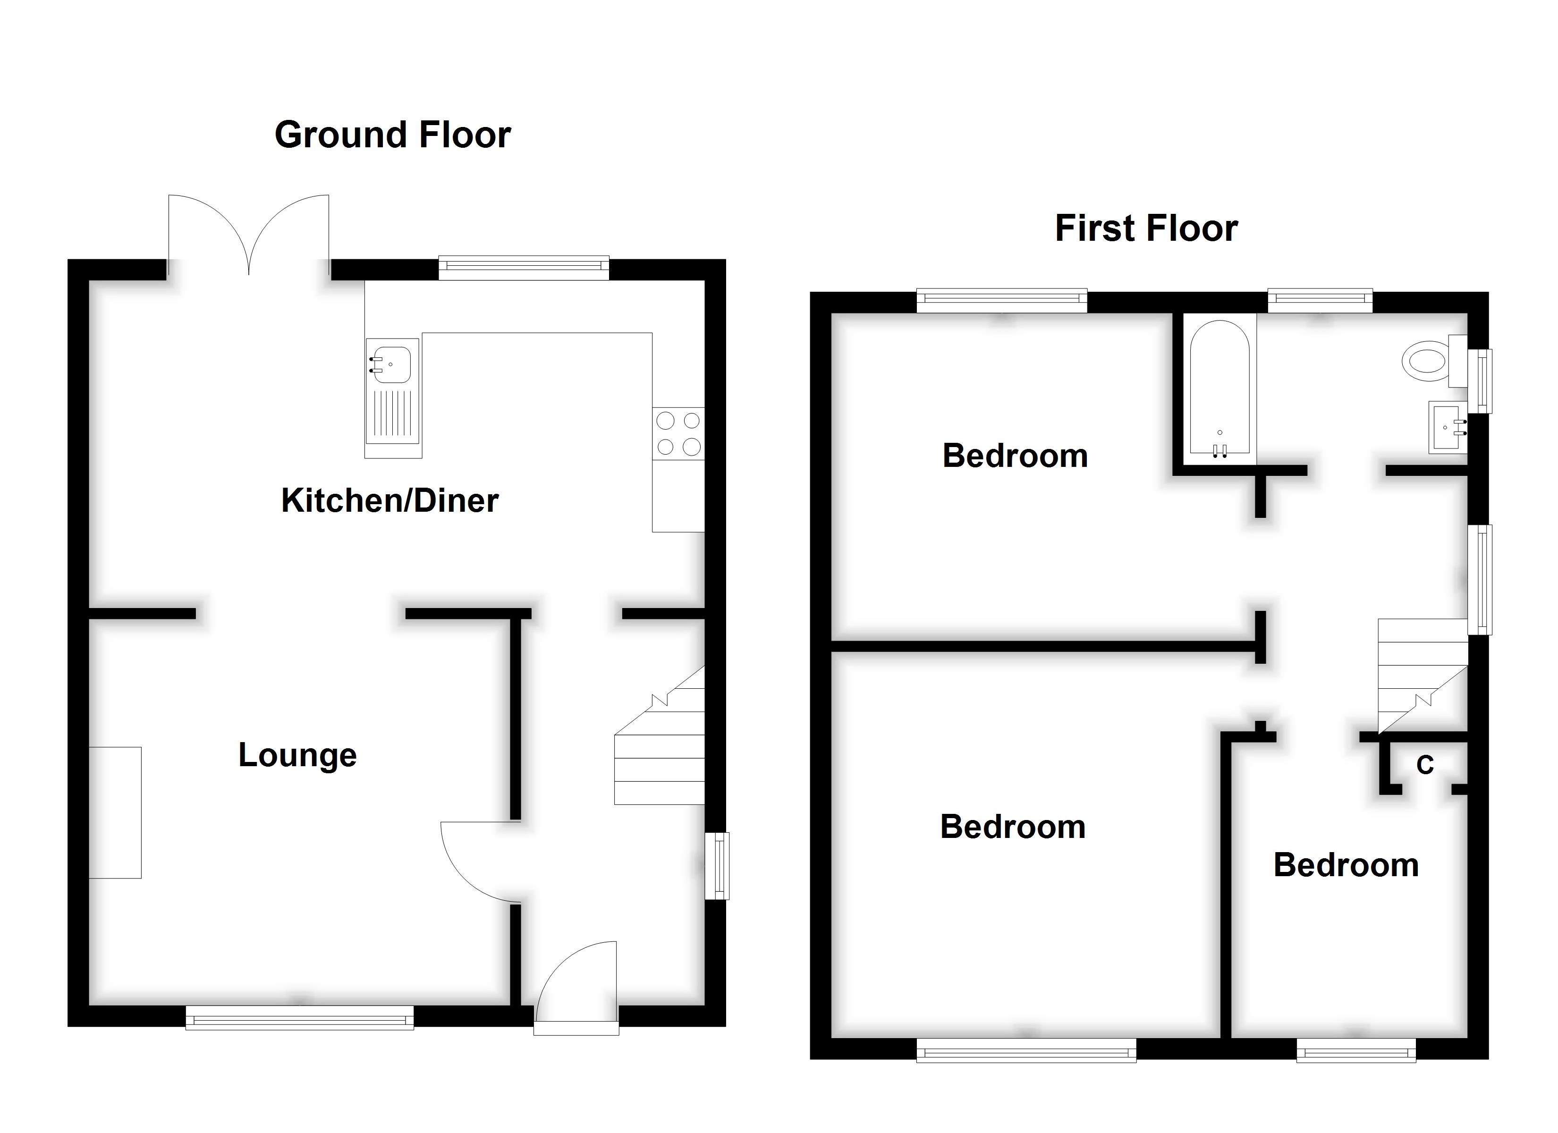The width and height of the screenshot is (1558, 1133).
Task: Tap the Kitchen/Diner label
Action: click(389, 500)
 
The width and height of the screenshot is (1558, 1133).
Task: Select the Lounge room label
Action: click(297, 755)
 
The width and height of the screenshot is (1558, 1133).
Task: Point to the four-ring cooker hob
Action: click(678, 433)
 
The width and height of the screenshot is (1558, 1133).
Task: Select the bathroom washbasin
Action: click(1447, 427)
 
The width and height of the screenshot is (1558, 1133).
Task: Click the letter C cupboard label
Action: click(1425, 765)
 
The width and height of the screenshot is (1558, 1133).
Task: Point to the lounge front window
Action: click(299, 1017)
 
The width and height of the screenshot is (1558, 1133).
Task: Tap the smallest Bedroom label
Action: click(1346, 864)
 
